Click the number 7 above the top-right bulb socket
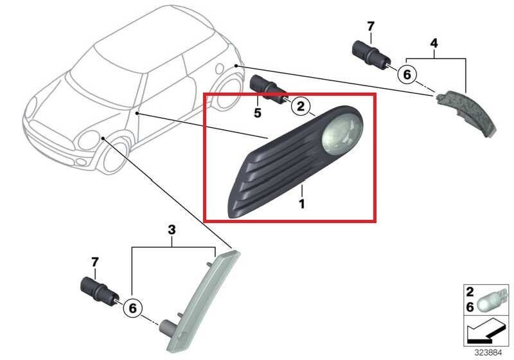371,26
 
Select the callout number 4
434,43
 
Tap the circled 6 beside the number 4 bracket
407,75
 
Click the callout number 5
258,113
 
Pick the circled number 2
301,106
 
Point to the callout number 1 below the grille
301,204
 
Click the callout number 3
172,230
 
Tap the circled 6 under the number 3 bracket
132,308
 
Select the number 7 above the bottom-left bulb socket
94,262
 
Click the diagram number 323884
488,353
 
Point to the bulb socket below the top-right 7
371,57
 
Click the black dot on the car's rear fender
236,66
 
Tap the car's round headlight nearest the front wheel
89,140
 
